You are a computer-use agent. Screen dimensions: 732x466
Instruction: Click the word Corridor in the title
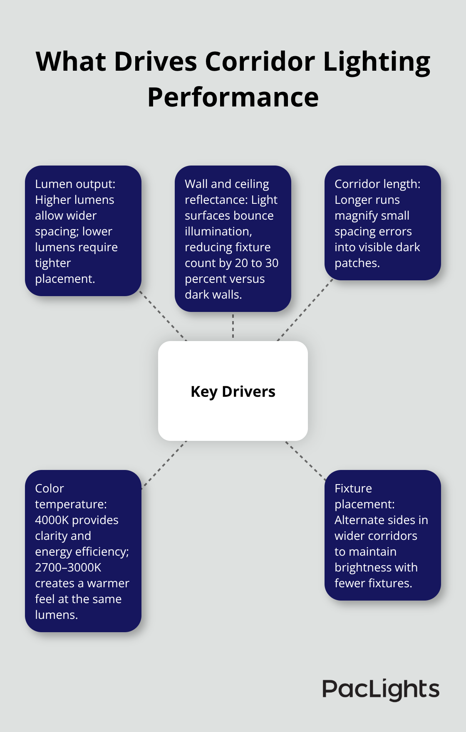(260, 62)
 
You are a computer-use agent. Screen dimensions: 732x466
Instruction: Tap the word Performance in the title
(233, 97)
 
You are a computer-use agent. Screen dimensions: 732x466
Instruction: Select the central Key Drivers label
(233, 391)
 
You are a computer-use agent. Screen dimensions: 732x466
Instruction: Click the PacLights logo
(381, 689)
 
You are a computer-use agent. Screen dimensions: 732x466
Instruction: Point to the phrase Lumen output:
(75, 184)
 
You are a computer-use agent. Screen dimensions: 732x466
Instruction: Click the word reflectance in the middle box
(211, 200)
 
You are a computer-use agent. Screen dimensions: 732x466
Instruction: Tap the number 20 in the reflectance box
(242, 263)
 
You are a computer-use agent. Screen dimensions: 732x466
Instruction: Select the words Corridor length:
(377, 184)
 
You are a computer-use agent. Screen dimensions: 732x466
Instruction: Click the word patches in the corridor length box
(356, 263)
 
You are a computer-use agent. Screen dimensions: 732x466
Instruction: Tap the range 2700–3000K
(68, 568)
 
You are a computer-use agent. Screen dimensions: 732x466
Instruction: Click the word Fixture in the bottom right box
(353, 488)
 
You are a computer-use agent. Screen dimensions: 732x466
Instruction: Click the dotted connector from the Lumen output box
(163, 316)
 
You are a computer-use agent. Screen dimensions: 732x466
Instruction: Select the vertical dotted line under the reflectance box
(233, 326)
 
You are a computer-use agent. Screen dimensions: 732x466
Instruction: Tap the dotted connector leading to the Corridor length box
(305, 310)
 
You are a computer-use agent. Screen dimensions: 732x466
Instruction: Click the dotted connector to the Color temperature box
(164, 465)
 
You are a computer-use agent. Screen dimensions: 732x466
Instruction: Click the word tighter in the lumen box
(53, 263)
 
